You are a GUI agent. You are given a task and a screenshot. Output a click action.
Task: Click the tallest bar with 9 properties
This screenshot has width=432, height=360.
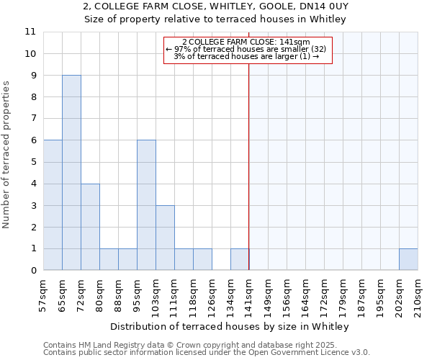click(71, 173)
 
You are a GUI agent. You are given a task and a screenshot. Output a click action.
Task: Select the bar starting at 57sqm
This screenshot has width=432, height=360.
click(53, 205)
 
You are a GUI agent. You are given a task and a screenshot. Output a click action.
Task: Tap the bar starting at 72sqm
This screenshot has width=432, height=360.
click(90, 227)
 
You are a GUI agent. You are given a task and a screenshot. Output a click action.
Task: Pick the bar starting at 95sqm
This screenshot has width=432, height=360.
click(146, 205)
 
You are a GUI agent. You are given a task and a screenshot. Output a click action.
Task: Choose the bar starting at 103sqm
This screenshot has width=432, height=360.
click(165, 238)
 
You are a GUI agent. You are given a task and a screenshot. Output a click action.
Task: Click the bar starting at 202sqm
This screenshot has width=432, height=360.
click(408, 259)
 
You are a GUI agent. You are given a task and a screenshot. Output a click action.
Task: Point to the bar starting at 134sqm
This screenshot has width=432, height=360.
click(240, 259)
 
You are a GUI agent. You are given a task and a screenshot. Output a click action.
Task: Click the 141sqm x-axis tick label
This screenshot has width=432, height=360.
click(249, 292)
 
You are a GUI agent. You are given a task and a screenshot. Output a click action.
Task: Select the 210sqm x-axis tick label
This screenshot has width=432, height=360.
click(418, 292)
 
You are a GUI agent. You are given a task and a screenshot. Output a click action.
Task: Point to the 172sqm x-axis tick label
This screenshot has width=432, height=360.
click(324, 292)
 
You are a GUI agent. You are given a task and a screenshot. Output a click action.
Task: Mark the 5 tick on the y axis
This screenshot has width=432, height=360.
click(32, 162)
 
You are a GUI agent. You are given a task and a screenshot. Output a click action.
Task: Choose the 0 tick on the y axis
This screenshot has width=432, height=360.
click(32, 270)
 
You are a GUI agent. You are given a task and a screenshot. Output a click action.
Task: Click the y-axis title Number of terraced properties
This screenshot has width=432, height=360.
click(6, 155)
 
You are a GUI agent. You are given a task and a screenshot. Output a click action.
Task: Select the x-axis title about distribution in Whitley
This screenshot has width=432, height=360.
click(230, 326)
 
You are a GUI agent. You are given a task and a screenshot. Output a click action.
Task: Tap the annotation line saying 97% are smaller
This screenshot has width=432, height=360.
click(247, 49)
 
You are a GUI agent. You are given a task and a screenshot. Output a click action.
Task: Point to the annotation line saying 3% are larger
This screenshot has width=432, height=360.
click(247, 56)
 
